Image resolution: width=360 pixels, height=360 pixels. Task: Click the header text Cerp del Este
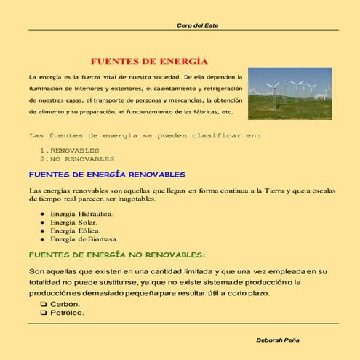pyautogui.click(x=198, y=25)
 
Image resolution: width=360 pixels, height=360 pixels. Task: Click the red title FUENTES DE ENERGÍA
pyautogui.click(x=149, y=61)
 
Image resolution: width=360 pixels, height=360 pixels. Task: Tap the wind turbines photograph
pyautogui.click(x=289, y=94)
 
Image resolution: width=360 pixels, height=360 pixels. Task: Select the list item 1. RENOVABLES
pyautogui.click(x=70, y=150)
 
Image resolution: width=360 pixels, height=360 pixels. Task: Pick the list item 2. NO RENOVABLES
pyautogui.click(x=77, y=159)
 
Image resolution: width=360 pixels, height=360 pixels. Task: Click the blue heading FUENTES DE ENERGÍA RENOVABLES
pyautogui.click(x=107, y=175)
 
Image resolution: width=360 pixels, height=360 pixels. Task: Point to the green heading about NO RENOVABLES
pyautogui.click(x=116, y=255)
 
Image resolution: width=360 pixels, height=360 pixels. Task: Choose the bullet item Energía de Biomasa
pyautogui.click(x=84, y=239)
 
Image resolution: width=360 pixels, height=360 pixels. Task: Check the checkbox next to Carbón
pyautogui.click(x=44, y=304)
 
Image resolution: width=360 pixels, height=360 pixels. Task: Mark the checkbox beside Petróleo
pyautogui.click(x=44, y=313)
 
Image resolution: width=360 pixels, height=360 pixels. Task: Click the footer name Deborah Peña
pyautogui.click(x=280, y=340)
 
